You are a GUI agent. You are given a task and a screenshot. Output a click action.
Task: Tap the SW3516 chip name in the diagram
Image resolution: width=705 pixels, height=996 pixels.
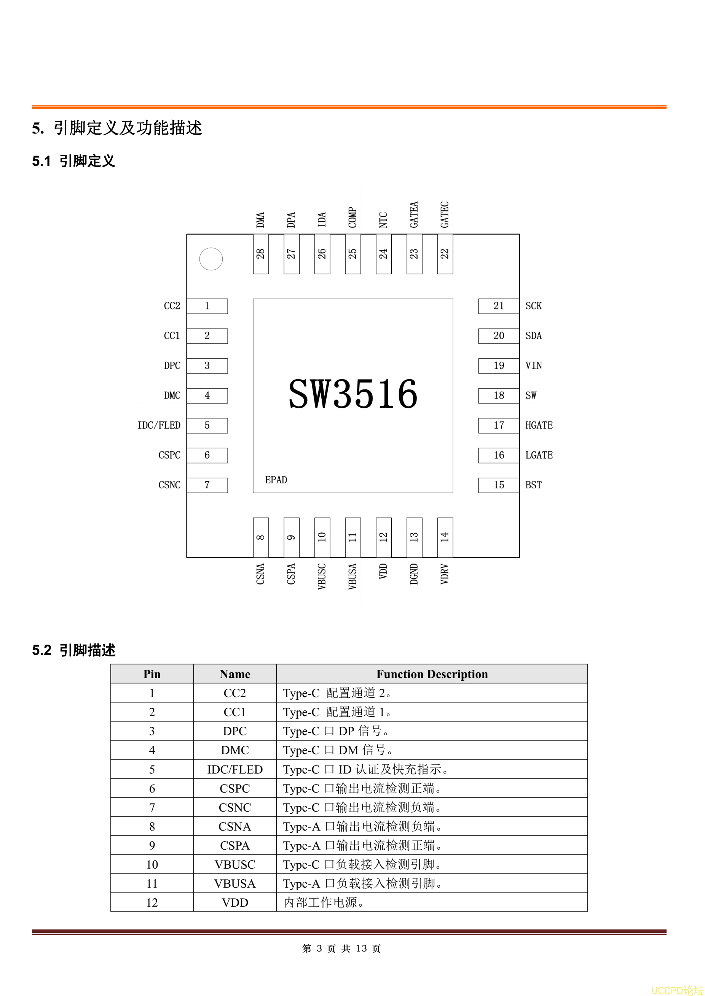coord(353,394)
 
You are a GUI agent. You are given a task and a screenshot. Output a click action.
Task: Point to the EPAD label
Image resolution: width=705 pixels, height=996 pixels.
coord(276,480)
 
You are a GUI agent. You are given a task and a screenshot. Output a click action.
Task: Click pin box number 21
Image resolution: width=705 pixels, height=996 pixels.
coord(499,306)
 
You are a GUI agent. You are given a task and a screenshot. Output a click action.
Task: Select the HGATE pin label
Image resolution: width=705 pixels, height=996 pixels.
coord(539,425)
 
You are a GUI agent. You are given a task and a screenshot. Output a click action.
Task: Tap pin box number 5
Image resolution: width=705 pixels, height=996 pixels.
coord(207,426)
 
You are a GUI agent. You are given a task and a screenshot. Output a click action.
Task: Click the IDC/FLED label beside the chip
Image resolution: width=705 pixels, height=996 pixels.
coord(159,425)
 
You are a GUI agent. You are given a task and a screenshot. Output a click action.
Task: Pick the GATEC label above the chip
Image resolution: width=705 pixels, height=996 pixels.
coord(445,215)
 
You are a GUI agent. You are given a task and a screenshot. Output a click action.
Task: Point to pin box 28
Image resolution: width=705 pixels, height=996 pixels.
coord(261,254)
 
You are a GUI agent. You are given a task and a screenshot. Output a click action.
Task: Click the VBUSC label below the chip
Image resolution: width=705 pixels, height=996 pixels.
coord(322,577)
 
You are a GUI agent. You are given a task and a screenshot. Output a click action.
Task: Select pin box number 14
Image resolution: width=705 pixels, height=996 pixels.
coord(445,537)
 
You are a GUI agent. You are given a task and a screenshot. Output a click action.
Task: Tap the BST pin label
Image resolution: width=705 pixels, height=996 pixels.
coord(534,485)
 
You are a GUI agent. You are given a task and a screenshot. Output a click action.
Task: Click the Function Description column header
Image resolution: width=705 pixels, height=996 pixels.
coord(432,674)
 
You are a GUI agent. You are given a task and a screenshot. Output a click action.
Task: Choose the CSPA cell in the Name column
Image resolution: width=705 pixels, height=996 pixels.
coord(235,845)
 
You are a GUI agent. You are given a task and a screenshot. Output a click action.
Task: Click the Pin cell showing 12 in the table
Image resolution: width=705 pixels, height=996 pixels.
coord(152,903)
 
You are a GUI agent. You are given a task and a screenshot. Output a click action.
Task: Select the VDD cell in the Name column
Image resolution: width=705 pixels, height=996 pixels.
coord(235,903)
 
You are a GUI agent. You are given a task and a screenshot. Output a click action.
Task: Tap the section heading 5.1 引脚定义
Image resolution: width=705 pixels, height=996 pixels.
coord(73,161)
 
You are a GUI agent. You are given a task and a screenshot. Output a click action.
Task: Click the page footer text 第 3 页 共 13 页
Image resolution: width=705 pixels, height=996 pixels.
coord(341,949)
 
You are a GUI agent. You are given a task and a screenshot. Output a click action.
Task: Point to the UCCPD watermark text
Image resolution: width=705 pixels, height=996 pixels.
coord(677,990)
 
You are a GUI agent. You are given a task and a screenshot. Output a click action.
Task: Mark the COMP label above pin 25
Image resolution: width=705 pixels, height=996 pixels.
coord(352,217)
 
